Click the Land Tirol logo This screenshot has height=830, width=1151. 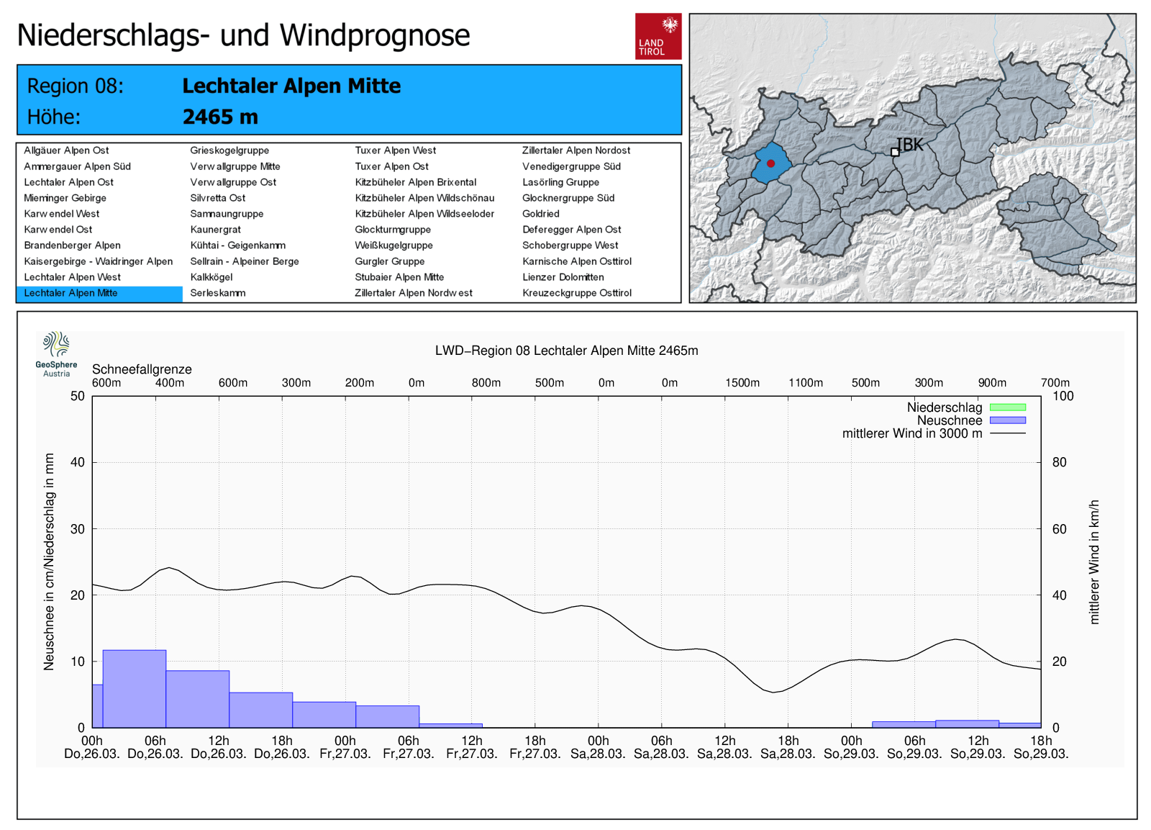point(658,36)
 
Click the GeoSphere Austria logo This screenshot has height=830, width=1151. point(56,353)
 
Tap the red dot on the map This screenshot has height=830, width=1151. point(770,163)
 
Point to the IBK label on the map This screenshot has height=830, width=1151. point(909,145)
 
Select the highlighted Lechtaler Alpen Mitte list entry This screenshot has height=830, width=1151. point(70,293)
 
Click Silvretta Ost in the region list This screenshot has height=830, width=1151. point(218,198)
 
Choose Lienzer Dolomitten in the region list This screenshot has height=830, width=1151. point(563,277)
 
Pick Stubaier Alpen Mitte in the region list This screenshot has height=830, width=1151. point(399,277)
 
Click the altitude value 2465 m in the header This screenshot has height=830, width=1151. point(220,117)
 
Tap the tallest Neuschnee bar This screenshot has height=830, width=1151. point(135,688)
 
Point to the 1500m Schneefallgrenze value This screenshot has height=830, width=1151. point(742,383)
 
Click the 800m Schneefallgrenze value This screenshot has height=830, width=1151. point(486,383)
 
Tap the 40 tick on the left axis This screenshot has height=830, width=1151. point(78,462)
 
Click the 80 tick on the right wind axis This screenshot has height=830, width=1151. point(1059,462)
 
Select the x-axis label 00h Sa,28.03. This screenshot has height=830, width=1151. point(599,747)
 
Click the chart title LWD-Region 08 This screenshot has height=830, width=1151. point(566,351)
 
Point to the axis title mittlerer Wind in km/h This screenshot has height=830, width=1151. point(1094,561)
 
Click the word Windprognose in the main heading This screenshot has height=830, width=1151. point(375,35)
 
